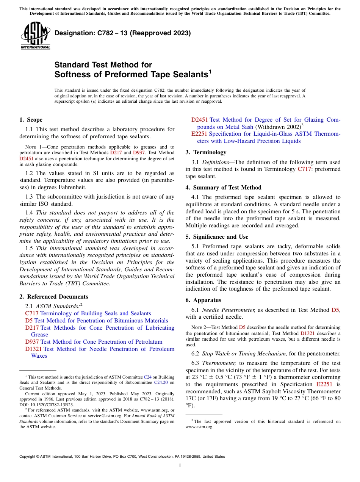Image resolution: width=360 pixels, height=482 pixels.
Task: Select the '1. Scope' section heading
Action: [31, 120]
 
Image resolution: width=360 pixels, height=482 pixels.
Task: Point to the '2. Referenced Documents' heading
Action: [53, 297]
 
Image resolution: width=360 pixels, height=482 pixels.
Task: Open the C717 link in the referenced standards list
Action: [32, 313]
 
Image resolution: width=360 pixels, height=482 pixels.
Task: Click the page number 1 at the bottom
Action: [180, 466]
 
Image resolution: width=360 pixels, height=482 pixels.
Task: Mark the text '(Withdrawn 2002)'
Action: [277, 127]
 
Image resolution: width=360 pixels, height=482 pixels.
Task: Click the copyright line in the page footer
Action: [122, 457]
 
